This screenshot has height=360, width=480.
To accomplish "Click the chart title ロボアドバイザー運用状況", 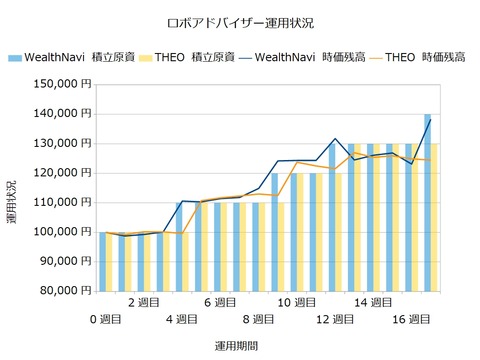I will (240, 21).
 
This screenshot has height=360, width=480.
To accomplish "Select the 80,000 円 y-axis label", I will (63, 291).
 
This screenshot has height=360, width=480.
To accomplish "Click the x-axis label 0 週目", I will (107, 319).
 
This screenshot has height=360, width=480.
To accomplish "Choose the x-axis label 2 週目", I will (145, 302).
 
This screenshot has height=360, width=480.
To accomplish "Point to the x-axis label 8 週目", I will (258, 319).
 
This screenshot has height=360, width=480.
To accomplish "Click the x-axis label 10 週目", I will (296, 302).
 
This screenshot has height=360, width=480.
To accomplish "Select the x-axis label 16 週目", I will (411, 319).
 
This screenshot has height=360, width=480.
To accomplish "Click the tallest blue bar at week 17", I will (427, 203).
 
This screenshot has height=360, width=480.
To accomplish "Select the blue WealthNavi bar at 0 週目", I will (103, 261).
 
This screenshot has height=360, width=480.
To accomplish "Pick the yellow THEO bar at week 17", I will (434, 217).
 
